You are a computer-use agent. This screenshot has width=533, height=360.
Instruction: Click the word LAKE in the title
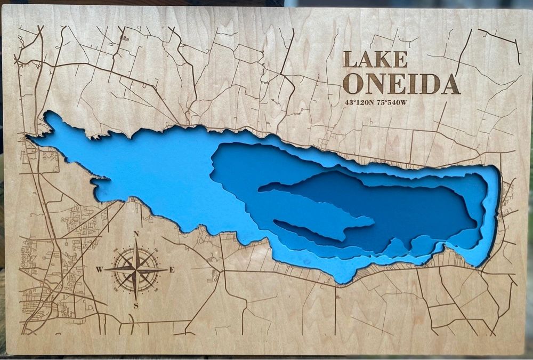[375, 59]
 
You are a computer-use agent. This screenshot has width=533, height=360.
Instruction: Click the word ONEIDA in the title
[400, 84]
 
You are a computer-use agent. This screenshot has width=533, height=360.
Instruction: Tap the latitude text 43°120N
[358, 102]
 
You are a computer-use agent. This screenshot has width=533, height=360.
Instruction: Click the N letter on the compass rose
[136, 234]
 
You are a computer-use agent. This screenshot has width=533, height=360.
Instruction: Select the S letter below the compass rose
[136, 306]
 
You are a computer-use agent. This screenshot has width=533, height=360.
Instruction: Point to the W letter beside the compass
[99, 270]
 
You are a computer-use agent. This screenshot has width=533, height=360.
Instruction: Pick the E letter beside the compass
[172, 270]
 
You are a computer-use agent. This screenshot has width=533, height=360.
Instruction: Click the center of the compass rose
[136, 270]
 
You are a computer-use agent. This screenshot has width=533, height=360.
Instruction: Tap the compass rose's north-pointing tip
[136, 241]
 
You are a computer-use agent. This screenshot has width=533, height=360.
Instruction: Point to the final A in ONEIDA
[449, 84]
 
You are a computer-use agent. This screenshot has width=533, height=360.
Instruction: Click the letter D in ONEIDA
[429, 84]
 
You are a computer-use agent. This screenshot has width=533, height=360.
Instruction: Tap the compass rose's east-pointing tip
[165, 270]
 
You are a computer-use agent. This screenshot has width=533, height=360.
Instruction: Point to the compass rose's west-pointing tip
[106, 270]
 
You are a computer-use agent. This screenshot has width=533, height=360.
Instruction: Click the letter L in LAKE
[350, 59]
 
